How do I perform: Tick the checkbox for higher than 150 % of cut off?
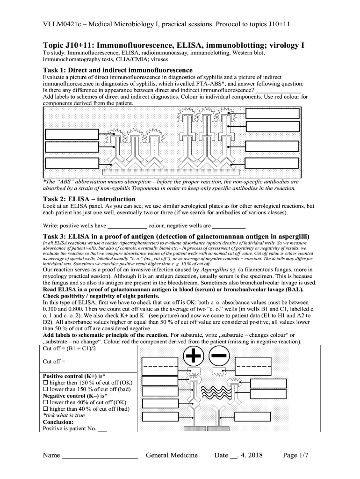46,382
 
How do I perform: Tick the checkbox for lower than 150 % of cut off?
46,389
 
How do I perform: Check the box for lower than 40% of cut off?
46,402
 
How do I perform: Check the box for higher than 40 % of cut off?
46,408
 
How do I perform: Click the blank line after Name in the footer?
100,456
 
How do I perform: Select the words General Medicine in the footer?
172,455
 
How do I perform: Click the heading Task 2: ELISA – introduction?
90,198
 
